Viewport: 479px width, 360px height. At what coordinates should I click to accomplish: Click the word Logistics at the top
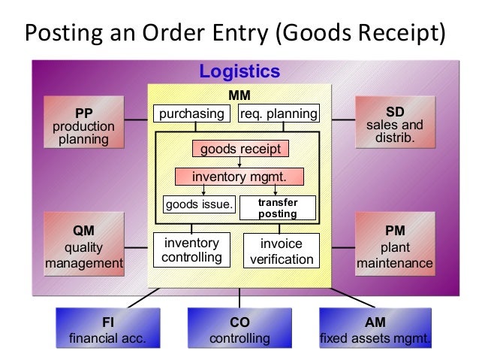pos(239,72)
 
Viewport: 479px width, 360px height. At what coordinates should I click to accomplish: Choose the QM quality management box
pos(83,246)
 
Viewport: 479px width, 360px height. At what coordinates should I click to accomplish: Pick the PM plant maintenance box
pos(394,246)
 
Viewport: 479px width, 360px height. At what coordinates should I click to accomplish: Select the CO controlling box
pos(239,329)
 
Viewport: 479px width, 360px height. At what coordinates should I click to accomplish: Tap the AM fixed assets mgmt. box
pos(375,329)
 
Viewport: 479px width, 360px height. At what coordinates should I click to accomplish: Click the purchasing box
pos(191,114)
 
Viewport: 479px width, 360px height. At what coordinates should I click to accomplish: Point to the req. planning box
pos(279,114)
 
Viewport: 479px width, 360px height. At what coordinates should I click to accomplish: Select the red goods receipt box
pos(239,149)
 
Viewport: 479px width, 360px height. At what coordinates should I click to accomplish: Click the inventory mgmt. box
pos(239,177)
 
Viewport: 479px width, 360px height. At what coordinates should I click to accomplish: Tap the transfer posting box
pos(278,208)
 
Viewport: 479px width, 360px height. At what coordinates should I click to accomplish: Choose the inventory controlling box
pos(191,251)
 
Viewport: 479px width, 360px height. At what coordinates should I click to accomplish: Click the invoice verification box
pos(282,252)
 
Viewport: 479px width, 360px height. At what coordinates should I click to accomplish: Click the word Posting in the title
pos(60,34)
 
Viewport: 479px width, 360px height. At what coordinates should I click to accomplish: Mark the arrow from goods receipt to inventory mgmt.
pos(239,162)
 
